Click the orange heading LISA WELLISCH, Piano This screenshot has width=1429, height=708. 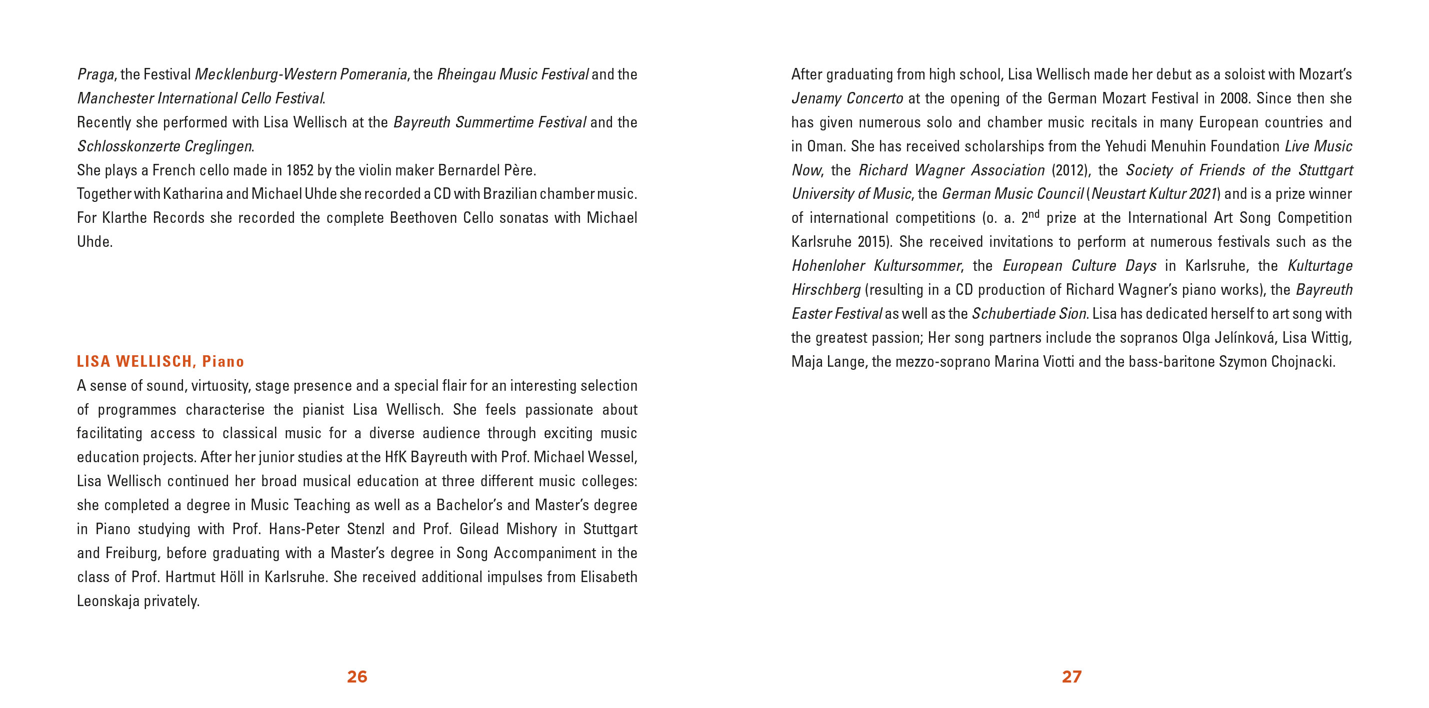coord(160,361)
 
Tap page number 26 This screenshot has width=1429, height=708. coord(356,677)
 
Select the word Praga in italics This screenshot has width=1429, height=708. coord(95,74)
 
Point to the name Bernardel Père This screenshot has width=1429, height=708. coord(486,170)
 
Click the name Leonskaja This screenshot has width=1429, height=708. coord(108,601)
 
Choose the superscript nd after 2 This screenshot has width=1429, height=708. coord(1034,214)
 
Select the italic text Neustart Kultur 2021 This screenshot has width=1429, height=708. coord(1154,194)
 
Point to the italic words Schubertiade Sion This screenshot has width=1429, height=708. coord(1029,314)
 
